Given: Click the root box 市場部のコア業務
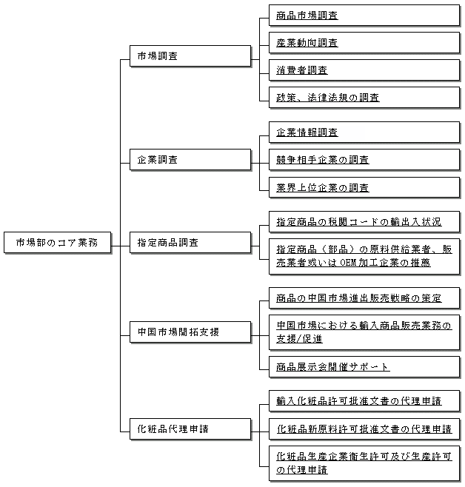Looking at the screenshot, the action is [58, 242].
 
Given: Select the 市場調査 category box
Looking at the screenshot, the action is [190, 56].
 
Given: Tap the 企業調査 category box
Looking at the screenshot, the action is [190, 160].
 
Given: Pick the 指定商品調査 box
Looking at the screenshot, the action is [190, 242].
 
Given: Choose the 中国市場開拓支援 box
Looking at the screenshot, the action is [190, 332].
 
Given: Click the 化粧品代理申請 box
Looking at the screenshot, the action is [190, 429].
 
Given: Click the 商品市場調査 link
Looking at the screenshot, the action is [307, 16].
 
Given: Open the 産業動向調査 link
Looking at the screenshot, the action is [307, 42].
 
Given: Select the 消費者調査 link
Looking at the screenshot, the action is [302, 70].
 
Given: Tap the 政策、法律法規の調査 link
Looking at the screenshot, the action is [328, 98].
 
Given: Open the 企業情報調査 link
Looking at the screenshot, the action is [307, 132].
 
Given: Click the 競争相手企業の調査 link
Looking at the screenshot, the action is [322, 160].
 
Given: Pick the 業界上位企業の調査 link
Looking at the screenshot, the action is [322, 187].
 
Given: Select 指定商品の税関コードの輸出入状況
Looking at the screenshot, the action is [359, 222].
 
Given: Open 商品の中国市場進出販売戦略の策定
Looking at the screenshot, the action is [359, 298].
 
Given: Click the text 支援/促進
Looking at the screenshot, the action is [299, 339].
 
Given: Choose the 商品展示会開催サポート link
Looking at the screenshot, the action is [333, 367].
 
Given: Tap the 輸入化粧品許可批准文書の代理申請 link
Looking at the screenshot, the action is [359, 401].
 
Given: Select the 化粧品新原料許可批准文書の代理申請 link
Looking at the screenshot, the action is [364, 429].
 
